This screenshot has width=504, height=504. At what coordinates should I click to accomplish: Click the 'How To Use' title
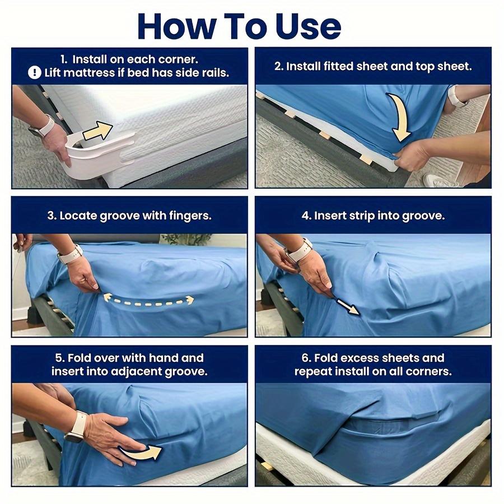tap(239, 25)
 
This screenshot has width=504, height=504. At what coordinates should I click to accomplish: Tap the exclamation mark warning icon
tap(35, 73)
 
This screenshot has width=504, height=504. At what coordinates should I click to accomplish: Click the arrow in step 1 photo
tap(97, 133)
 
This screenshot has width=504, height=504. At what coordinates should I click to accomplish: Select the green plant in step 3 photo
tap(193, 240)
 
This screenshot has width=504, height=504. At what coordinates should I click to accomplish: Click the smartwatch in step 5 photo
tap(77, 426)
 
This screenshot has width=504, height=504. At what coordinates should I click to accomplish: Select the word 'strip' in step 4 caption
tap(360, 216)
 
